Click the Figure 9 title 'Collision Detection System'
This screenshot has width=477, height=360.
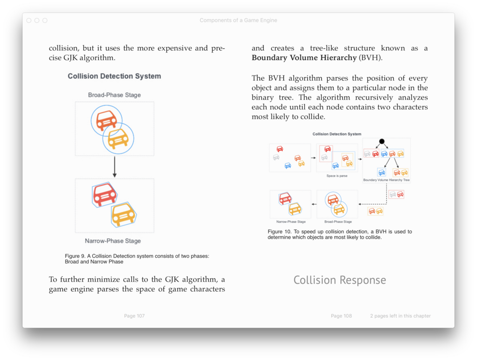(114, 76)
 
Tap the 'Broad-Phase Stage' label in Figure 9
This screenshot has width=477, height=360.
(114, 95)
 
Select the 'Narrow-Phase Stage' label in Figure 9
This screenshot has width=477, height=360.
(113, 241)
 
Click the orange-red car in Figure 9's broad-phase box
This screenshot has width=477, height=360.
(106, 120)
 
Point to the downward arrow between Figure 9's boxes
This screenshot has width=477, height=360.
(114, 167)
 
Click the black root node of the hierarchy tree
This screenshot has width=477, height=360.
(382, 142)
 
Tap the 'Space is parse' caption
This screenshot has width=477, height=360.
(337, 176)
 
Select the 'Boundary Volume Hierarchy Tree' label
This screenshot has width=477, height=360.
(386, 180)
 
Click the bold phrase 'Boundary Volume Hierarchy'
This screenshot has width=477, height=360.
(304, 58)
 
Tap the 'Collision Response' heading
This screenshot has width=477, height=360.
(339, 280)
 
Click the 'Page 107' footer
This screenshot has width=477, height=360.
(134, 316)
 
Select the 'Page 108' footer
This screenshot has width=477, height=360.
(341, 316)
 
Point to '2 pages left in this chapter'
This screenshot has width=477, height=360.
(400, 316)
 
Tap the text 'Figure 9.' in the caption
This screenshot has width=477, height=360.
(75, 256)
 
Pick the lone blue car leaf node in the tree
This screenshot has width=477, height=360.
(382, 172)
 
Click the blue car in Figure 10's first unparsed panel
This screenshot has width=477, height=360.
(288, 165)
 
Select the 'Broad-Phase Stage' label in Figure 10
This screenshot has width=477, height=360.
(338, 222)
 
